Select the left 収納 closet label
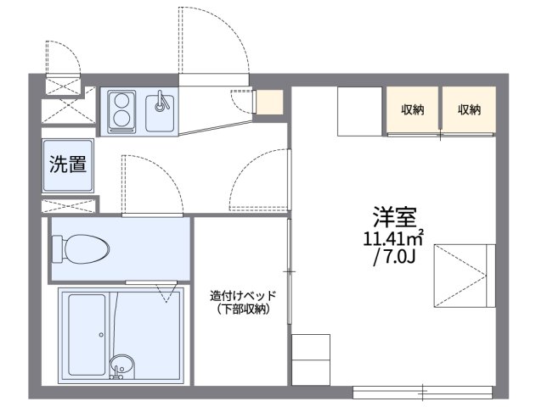(x=414, y=109)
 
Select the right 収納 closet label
(x=469, y=109)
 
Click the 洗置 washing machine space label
(x=67, y=164)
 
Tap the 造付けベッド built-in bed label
(x=241, y=296)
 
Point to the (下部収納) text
(x=241, y=309)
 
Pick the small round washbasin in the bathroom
(x=121, y=366)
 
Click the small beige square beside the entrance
(x=270, y=102)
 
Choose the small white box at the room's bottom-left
(x=310, y=360)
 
